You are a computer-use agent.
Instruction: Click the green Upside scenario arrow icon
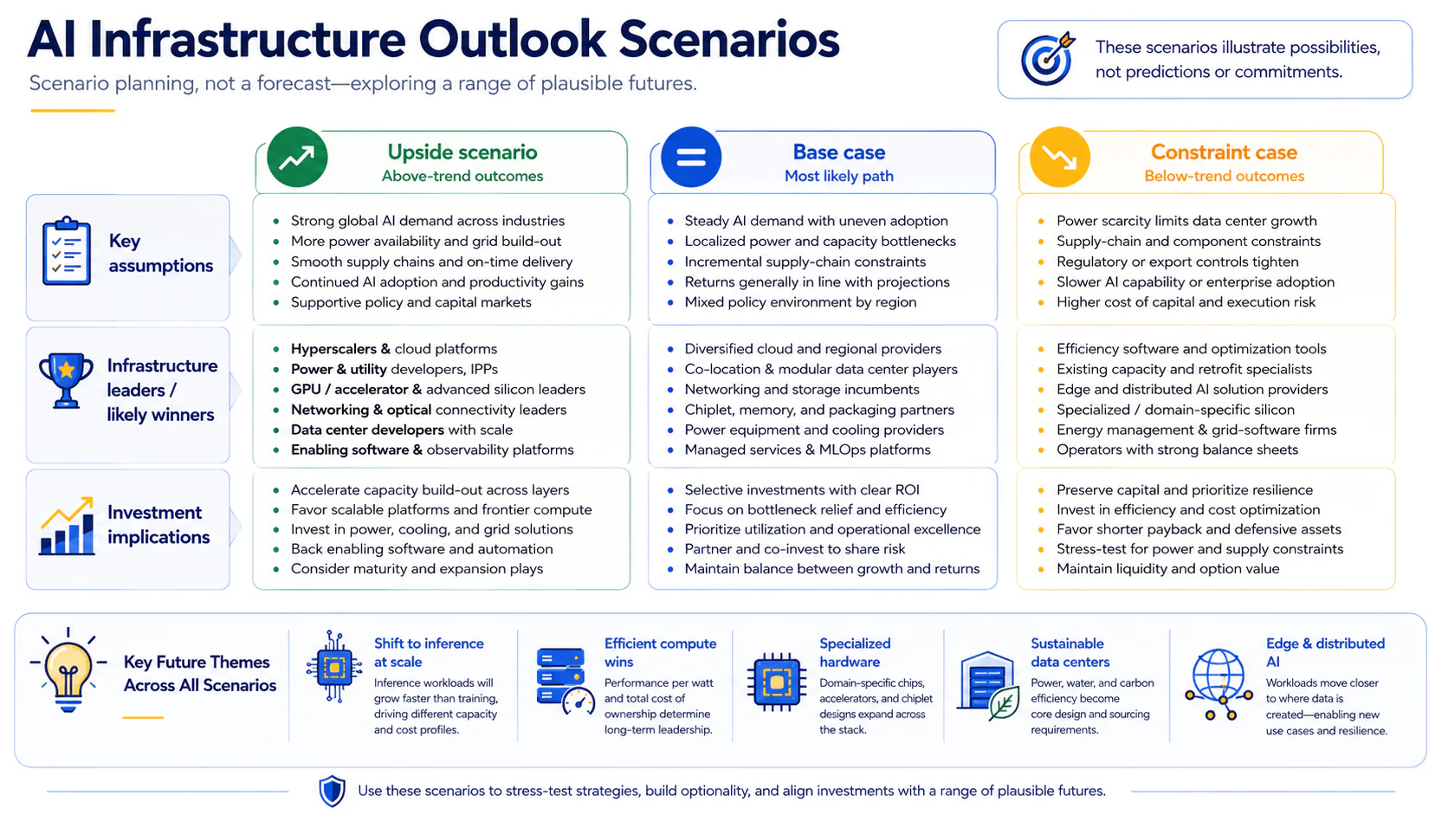pyautogui.click(x=297, y=157)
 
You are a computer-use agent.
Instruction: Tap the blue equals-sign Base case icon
pyautogui.click(x=691, y=157)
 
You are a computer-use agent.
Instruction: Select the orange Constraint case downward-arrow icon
pyautogui.click(x=1059, y=157)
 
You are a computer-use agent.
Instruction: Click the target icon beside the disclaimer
pyautogui.click(x=1047, y=59)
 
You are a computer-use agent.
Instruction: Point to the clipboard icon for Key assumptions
pyautogui.click(x=66, y=251)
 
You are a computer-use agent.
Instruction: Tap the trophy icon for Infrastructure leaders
pyautogui.click(x=66, y=381)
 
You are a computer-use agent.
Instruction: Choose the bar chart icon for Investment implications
pyautogui.click(x=67, y=526)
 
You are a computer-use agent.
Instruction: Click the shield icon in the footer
pyautogui.click(x=333, y=791)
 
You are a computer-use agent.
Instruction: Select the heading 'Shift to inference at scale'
pyautogui.click(x=429, y=653)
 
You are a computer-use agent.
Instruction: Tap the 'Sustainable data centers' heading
pyautogui.click(x=1070, y=653)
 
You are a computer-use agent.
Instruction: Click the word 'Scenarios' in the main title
pyautogui.click(x=728, y=40)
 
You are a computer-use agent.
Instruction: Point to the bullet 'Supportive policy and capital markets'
pyautogui.click(x=411, y=301)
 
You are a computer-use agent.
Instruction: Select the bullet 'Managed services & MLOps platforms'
pyautogui.click(x=807, y=450)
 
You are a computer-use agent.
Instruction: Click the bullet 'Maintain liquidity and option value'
pyautogui.click(x=1167, y=569)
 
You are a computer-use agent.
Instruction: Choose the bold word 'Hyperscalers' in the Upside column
pyautogui.click(x=333, y=349)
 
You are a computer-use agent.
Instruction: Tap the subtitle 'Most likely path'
pyautogui.click(x=839, y=176)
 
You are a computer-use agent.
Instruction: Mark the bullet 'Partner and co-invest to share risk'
pyautogui.click(x=794, y=549)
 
